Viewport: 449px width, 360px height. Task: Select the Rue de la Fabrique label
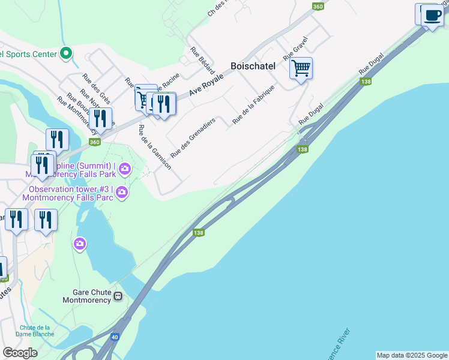[253, 105]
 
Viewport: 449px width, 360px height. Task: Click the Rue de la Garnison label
[154, 147]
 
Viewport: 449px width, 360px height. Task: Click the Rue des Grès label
[97, 88]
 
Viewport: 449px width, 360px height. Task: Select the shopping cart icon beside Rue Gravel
[301, 68]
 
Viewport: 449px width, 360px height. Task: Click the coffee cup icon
[432, 15]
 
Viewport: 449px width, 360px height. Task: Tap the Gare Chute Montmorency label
[87, 296]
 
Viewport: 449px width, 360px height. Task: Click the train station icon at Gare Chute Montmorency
[119, 296]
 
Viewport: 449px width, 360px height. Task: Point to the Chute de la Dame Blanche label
[35, 331]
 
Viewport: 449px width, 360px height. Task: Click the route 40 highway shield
[114, 337]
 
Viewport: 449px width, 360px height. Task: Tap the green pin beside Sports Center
[67, 54]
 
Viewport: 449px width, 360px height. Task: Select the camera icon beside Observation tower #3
[122, 192]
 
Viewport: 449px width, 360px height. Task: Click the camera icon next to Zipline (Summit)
[124, 167]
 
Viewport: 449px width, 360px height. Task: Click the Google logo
[20, 352]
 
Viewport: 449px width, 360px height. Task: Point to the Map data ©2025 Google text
[412, 355]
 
